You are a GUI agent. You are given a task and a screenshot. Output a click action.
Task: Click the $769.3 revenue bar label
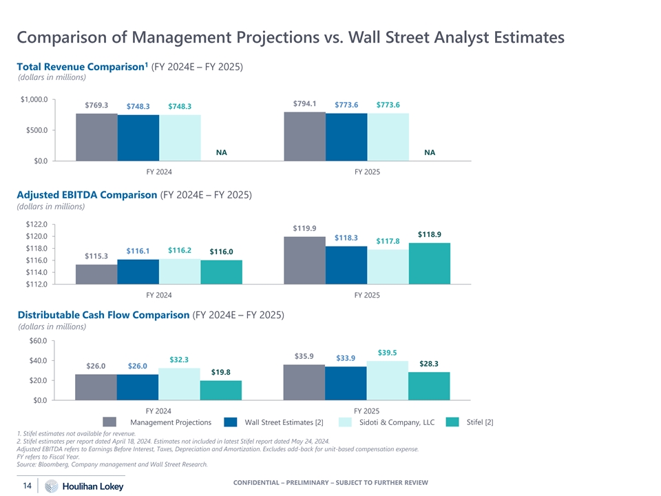[x=96, y=105]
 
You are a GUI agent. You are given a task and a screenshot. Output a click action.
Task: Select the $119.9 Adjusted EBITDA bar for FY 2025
[x=304, y=260]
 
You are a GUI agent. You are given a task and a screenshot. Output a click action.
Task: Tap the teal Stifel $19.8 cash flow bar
[x=221, y=390]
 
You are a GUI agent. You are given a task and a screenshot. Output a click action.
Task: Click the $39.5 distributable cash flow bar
[x=388, y=380]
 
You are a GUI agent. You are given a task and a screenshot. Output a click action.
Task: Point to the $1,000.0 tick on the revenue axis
[x=34, y=100]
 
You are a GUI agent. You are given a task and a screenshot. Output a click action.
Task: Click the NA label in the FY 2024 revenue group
[x=221, y=152]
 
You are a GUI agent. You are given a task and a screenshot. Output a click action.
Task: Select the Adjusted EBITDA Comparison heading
[x=86, y=195]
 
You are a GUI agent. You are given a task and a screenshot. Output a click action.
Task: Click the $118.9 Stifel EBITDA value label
[x=430, y=234]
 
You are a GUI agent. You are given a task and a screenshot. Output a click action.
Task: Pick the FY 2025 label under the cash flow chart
[x=367, y=411]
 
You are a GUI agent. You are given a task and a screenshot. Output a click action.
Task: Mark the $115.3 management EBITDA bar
[x=96, y=273]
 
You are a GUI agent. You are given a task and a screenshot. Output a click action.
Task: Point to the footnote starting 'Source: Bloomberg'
[x=111, y=464]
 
